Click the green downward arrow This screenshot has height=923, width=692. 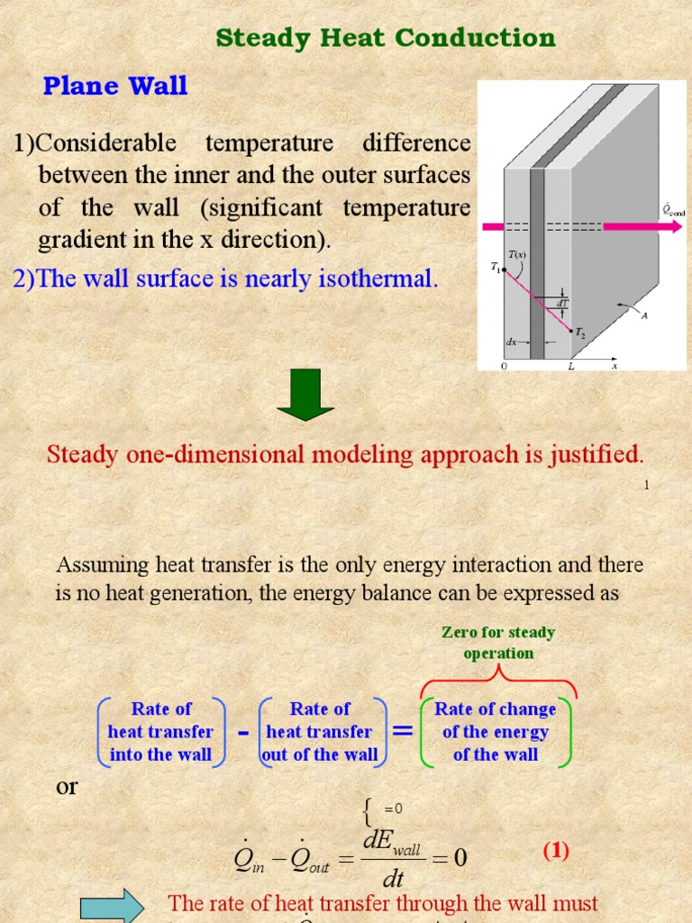[x=306, y=398]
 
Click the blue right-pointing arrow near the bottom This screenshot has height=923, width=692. [x=112, y=906]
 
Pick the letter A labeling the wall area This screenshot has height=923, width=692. [x=643, y=315]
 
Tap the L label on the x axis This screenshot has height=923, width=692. [x=571, y=367]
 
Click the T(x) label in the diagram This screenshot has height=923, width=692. [x=516, y=255]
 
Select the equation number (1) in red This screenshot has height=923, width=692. [x=555, y=851]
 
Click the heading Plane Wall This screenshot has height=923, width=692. [x=115, y=86]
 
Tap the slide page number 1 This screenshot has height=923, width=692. [x=646, y=485]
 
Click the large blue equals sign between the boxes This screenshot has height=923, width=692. [x=403, y=731]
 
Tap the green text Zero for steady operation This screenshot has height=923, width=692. [x=497, y=643]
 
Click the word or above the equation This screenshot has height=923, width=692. [x=67, y=786]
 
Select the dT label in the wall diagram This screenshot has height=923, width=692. [x=561, y=304]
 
